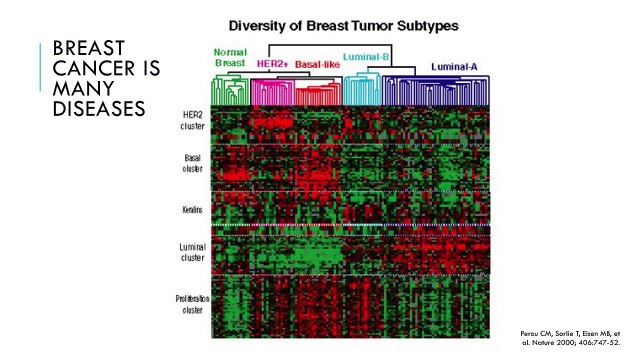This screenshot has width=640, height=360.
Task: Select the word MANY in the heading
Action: (78, 88)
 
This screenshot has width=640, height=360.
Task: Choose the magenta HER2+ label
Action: (271, 62)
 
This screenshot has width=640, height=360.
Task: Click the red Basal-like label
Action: (317, 62)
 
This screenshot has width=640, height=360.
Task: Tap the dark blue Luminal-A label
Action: (459, 66)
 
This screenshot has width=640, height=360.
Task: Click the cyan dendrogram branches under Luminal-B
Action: (361, 90)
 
